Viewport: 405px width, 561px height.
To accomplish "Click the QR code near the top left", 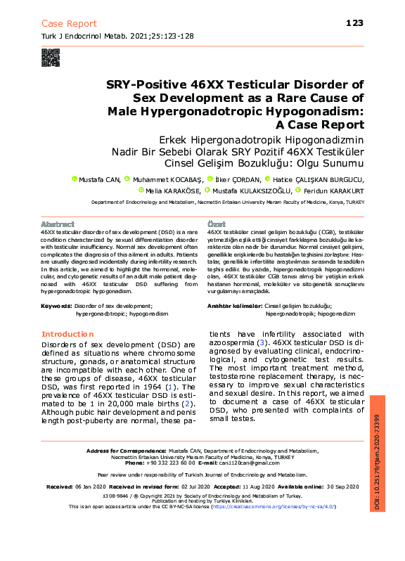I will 51,57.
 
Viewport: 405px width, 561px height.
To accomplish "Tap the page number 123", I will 354,23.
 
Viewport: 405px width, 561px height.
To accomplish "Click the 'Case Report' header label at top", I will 70,24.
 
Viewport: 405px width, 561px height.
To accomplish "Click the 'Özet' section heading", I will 215,224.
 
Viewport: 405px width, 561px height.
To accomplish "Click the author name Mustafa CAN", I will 100,179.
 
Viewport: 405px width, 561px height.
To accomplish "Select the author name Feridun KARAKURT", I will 338,190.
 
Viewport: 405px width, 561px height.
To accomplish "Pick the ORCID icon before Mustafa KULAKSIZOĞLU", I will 207,190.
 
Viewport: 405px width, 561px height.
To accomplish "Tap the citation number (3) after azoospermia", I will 262,342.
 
